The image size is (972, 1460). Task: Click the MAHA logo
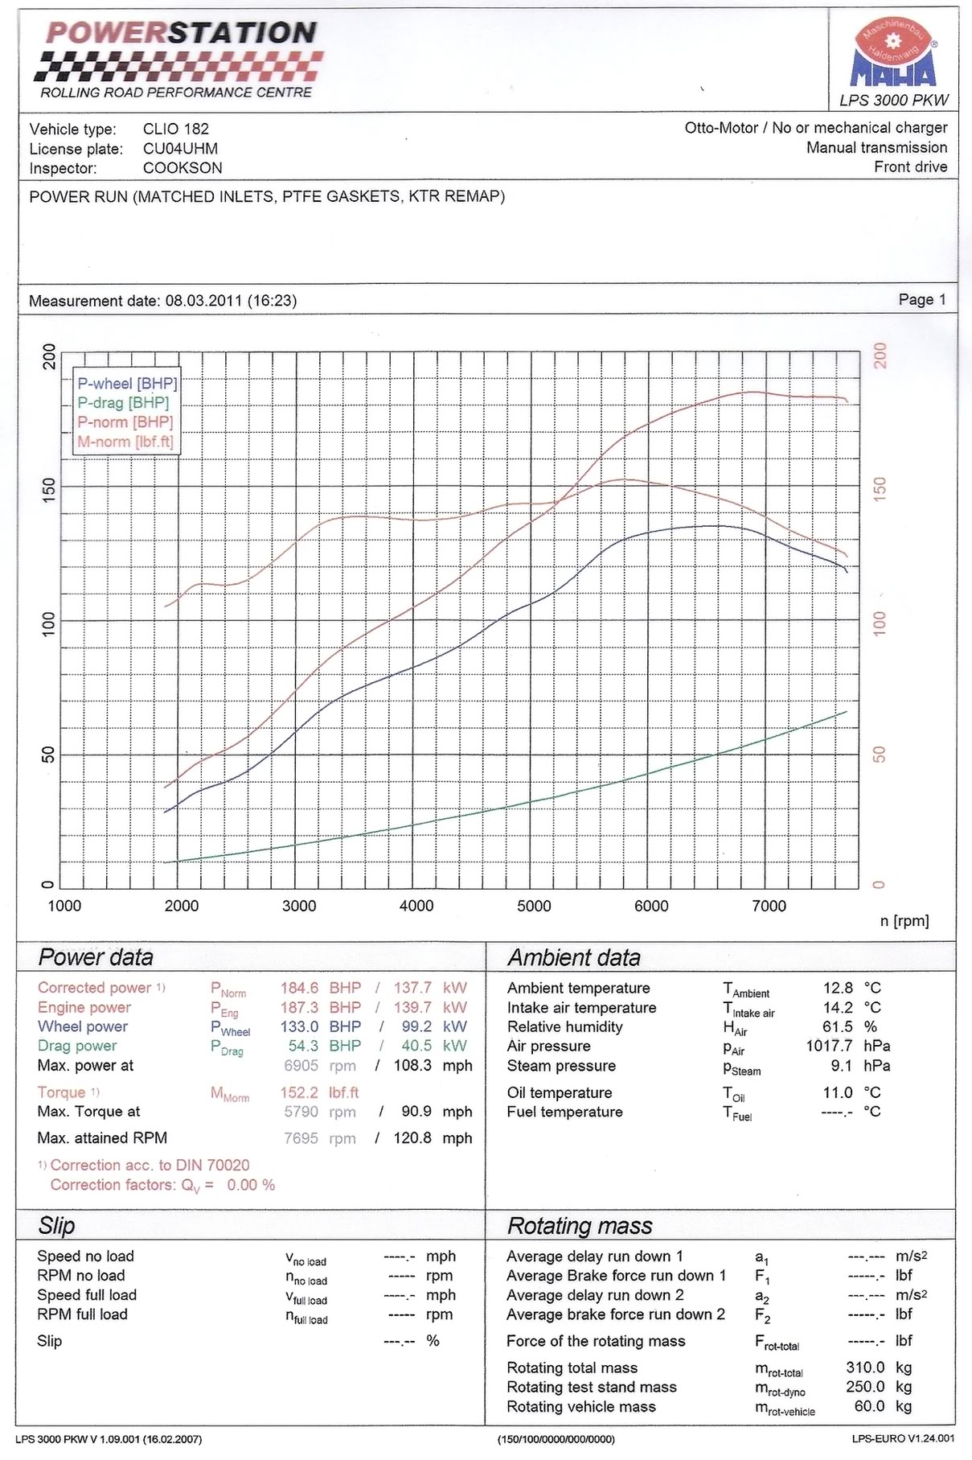pyautogui.click(x=893, y=56)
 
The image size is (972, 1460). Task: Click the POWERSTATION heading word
pyautogui.click(x=181, y=32)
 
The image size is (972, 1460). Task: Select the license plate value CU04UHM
pyautogui.click(x=180, y=149)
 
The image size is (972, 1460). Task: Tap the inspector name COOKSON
pyautogui.click(x=183, y=168)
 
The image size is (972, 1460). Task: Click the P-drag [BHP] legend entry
pyautogui.click(x=123, y=403)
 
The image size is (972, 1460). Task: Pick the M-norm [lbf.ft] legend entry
pyautogui.click(x=125, y=442)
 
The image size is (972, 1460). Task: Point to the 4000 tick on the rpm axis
pyautogui.click(x=416, y=906)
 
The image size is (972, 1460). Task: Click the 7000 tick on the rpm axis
pyautogui.click(x=769, y=906)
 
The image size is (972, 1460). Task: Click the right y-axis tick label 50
pyautogui.click(x=880, y=755)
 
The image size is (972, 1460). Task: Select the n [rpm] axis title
pyautogui.click(x=904, y=921)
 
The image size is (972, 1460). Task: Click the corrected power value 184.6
pyautogui.click(x=299, y=988)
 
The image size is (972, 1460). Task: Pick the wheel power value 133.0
pyautogui.click(x=299, y=1026)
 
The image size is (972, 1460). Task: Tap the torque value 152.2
pyautogui.click(x=299, y=1092)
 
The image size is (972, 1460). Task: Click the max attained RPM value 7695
pyautogui.click(x=301, y=1138)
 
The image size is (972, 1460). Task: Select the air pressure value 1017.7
pyautogui.click(x=829, y=1046)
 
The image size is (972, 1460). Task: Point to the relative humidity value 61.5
pyautogui.click(x=838, y=1026)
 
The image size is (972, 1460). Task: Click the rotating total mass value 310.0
pyautogui.click(x=865, y=1367)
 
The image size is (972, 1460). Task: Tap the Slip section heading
pyautogui.click(x=57, y=1225)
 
